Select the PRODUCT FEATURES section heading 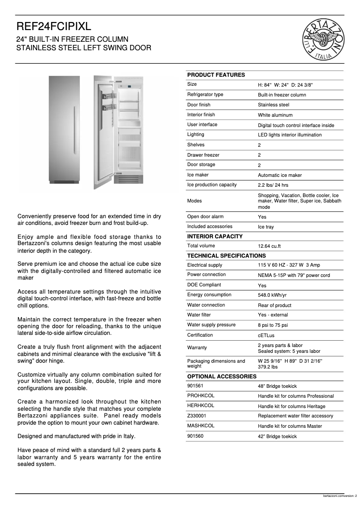coord(216,75)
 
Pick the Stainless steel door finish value coord(273,105)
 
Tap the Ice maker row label coord(198,175)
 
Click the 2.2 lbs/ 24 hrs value coord(273,185)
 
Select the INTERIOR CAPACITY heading coord(215,237)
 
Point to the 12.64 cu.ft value coord(269,246)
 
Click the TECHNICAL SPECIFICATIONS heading coord(226,256)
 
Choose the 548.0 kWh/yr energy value coord(272,295)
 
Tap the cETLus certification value coord(267,336)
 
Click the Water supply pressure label coord(211,325)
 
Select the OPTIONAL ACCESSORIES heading coord(222,377)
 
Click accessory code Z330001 coord(197,416)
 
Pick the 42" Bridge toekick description coord(277,436)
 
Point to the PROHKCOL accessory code coord(201,395)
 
